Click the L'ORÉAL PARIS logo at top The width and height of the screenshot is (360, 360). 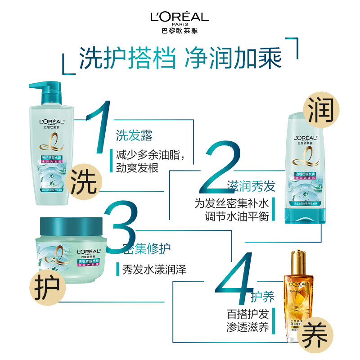[180, 21]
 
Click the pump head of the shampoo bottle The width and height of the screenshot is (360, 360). [45, 90]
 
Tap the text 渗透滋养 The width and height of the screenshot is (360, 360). [247, 327]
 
